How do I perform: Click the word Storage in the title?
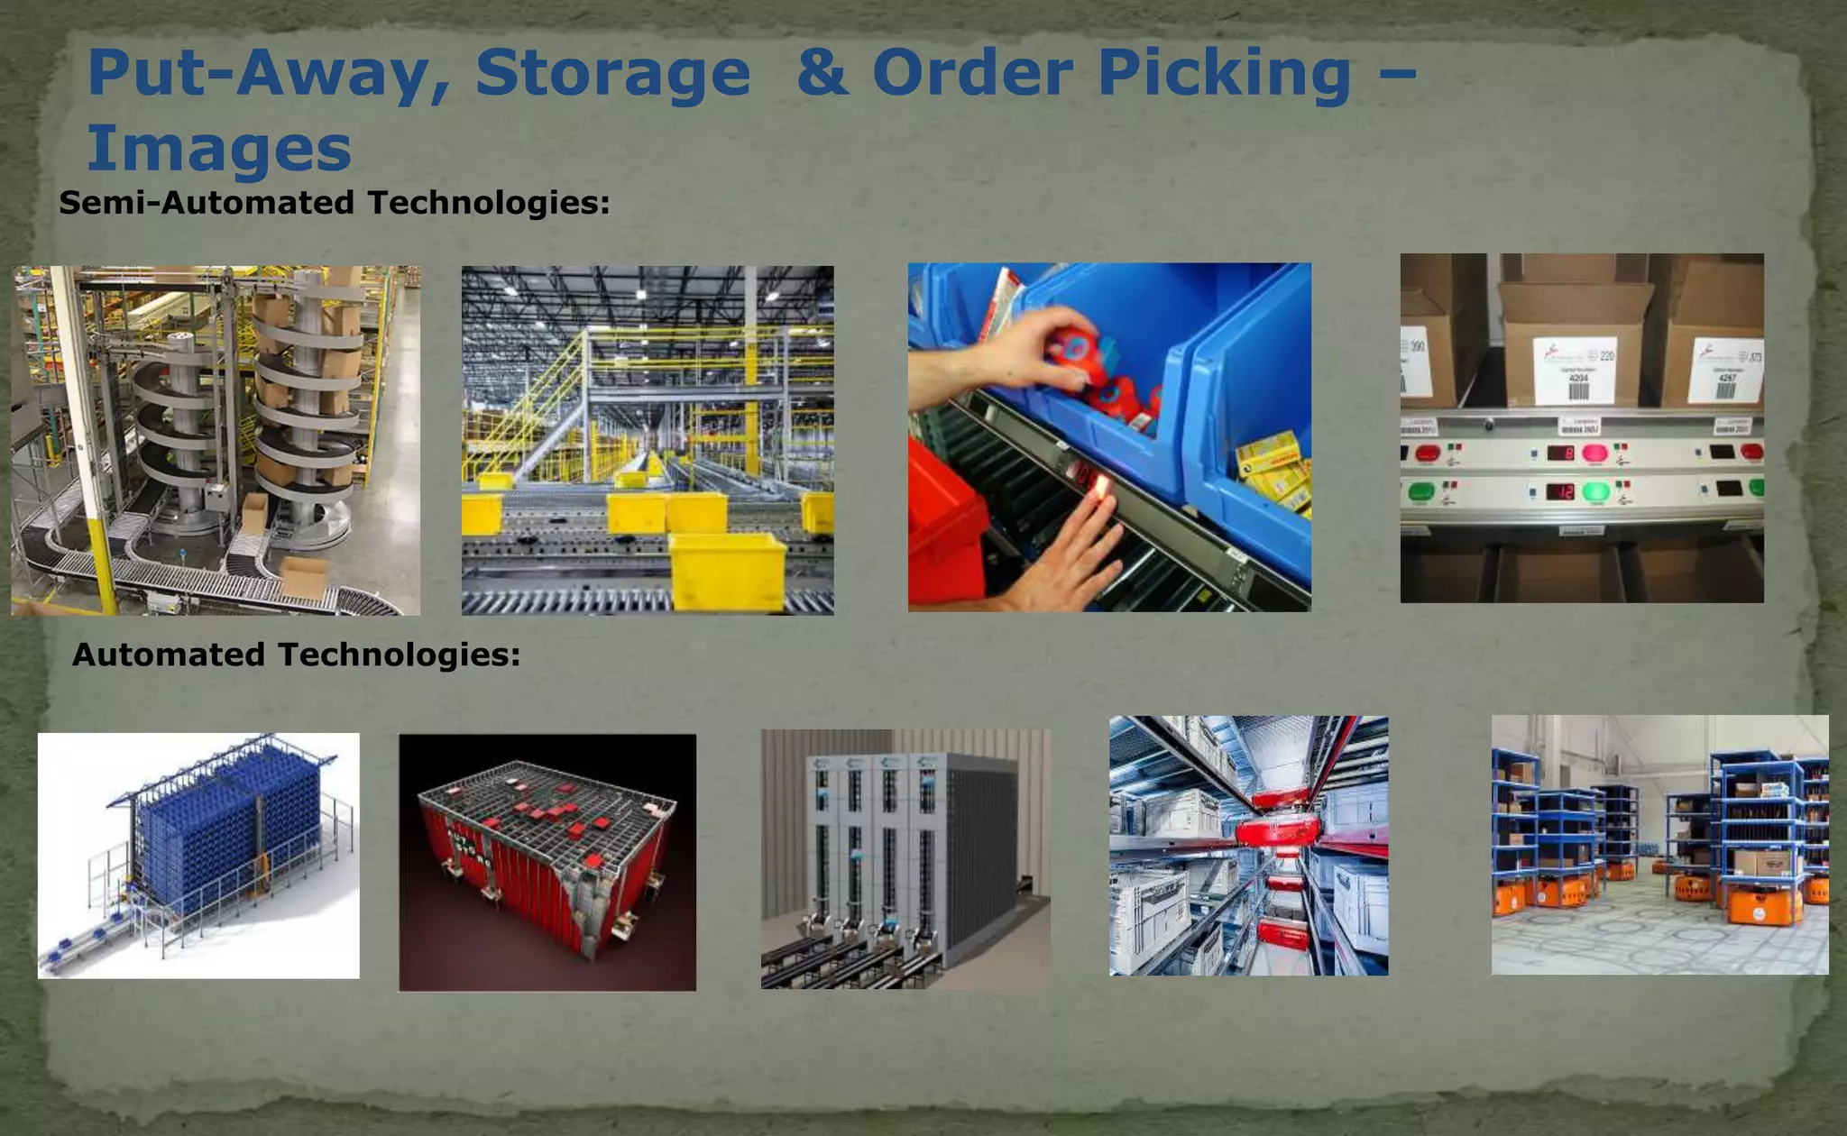point(612,74)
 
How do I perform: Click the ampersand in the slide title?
point(822,72)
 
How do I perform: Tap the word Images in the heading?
point(219,149)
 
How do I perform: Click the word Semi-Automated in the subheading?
point(207,203)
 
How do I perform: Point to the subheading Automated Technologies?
point(296,655)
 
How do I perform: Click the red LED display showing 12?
point(1562,492)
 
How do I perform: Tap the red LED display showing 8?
point(1562,453)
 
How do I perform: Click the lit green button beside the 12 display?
point(1594,492)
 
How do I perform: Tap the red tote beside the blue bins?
point(942,532)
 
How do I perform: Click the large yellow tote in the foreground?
point(728,570)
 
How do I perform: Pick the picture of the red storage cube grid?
point(547,862)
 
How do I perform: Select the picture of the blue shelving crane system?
point(198,855)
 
